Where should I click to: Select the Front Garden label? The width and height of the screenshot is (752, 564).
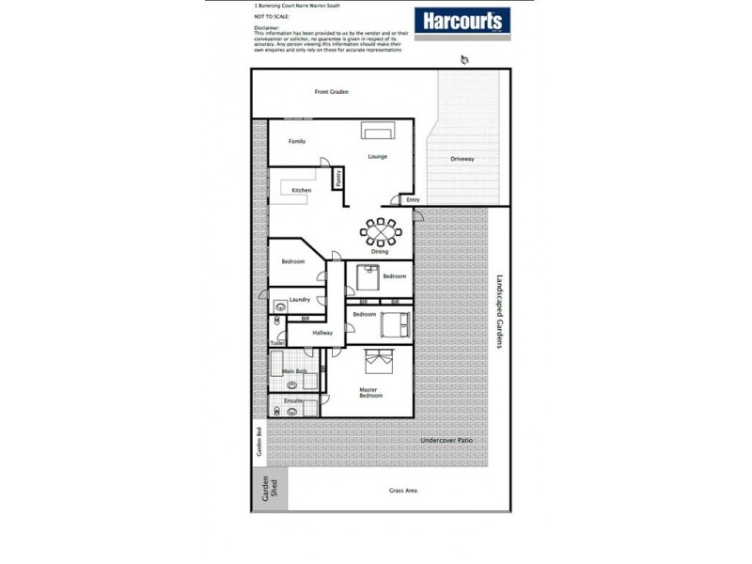[x=332, y=92]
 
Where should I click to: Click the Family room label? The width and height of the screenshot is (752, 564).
[x=297, y=141]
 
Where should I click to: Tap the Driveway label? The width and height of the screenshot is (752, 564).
[x=462, y=159]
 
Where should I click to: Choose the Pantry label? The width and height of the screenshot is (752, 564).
[x=338, y=176]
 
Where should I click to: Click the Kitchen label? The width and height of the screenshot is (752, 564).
[x=301, y=191]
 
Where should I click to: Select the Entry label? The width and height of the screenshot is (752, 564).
[x=412, y=199]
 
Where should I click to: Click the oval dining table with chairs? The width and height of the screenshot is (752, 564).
[x=381, y=230]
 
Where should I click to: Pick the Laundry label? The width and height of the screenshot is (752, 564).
[x=300, y=300]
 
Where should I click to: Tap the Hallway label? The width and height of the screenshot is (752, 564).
[x=323, y=333]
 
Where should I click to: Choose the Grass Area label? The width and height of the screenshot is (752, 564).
[x=403, y=491]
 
